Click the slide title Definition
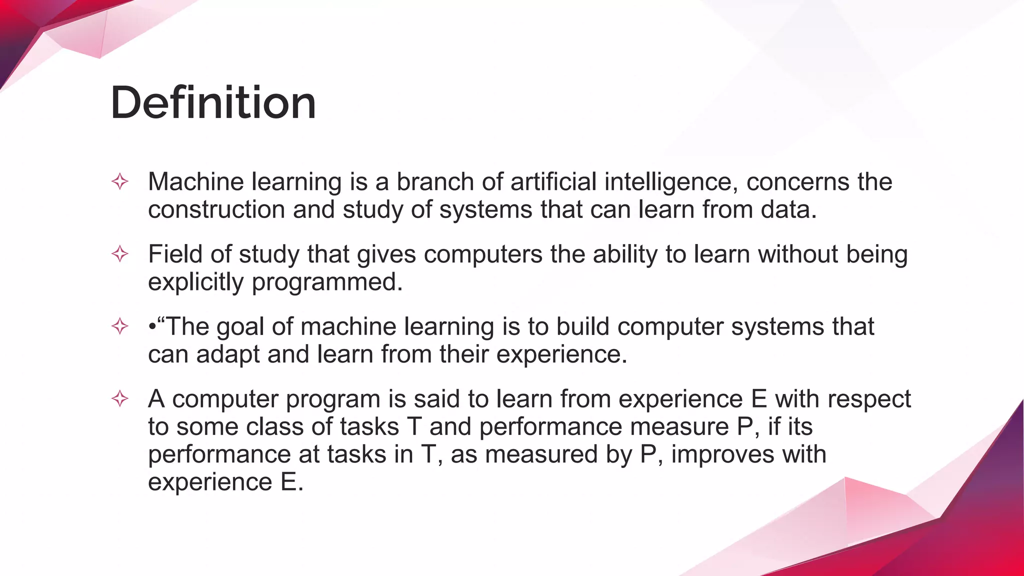[213, 103]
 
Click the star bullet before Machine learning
[120, 181]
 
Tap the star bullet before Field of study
[120, 254]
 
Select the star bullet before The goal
[120, 326]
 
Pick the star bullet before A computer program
[120, 399]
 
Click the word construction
[216, 209]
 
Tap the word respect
[869, 399]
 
